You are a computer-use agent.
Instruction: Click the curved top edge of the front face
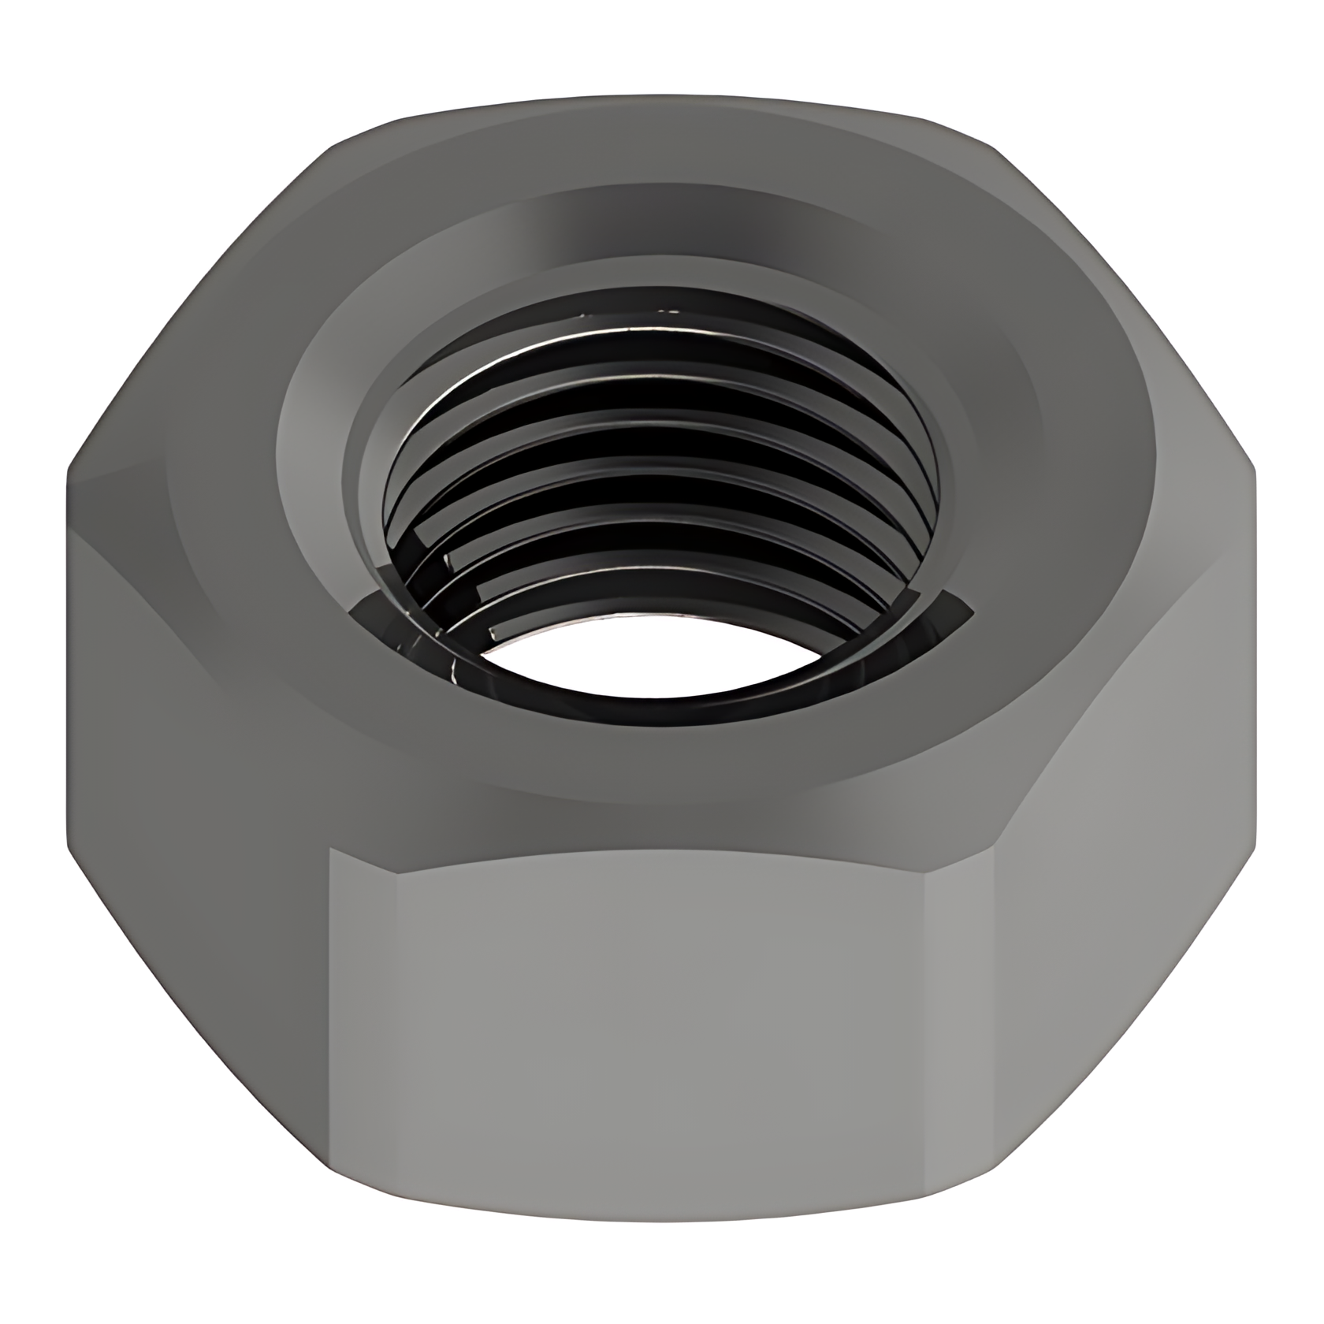[x=662, y=853]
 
